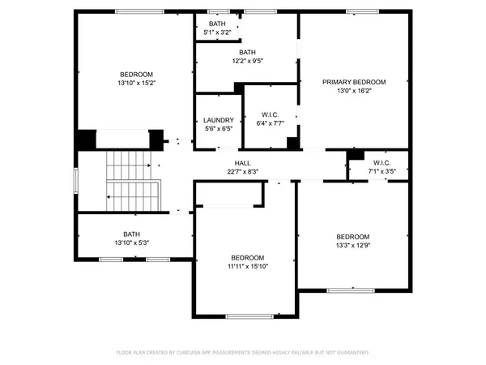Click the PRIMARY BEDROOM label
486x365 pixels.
tap(353, 82)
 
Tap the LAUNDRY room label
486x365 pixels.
tap(217, 119)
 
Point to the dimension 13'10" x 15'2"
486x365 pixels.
tap(137, 82)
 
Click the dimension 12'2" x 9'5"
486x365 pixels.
tap(247, 60)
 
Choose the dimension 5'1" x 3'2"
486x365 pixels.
tap(217, 32)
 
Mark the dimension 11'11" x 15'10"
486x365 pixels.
tap(247, 265)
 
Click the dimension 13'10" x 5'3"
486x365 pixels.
tap(131, 243)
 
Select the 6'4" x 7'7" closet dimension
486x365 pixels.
tap(271, 123)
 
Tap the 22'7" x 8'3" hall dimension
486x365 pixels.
tap(242, 171)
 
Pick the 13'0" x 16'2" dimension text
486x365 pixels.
tap(353, 91)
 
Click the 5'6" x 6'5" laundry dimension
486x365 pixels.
tap(217, 128)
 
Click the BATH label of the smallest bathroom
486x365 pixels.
tap(217, 24)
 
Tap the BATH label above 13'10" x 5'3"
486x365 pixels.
tap(131, 234)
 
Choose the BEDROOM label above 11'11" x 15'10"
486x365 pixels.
tap(247, 257)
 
